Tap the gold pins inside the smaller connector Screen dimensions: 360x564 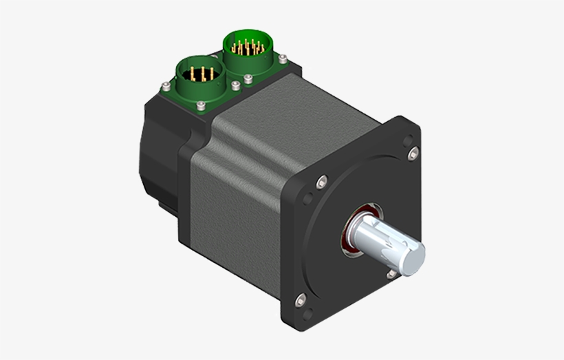point(200,74)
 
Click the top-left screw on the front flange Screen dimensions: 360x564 point(321,182)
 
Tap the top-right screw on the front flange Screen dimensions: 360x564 point(411,153)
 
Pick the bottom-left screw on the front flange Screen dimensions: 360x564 point(300,300)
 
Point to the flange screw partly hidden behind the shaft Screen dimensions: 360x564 point(391,274)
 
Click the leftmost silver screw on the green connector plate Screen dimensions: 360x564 point(165,87)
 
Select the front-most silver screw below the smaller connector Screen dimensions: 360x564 point(200,105)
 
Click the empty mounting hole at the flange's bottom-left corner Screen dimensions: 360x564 point(300,300)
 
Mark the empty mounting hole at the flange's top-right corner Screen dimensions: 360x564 point(411,153)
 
